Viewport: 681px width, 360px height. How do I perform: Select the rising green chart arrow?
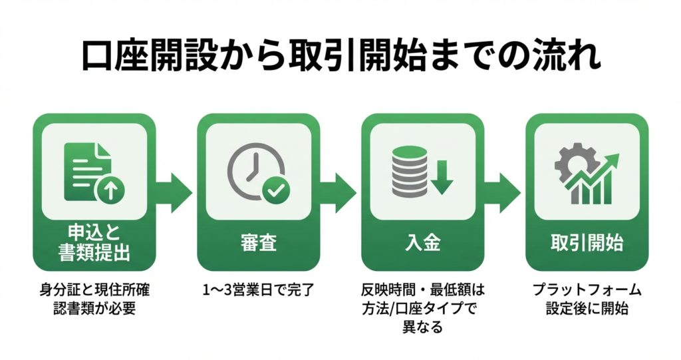pos(595,174)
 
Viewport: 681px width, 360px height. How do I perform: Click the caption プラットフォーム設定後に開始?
pos(586,299)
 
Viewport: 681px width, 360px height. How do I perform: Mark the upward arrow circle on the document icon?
pos(110,191)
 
